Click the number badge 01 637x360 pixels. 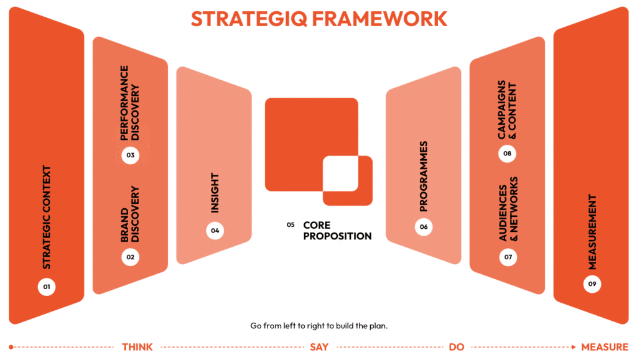click(x=46, y=287)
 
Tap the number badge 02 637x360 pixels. click(x=130, y=256)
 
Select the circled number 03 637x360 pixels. click(x=130, y=155)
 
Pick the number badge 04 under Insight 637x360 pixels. click(x=215, y=231)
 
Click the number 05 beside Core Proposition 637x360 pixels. click(x=291, y=225)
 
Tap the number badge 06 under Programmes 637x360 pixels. click(x=424, y=227)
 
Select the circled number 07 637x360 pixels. click(x=508, y=256)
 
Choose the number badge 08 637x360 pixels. click(x=508, y=154)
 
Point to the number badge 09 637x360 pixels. click(x=592, y=284)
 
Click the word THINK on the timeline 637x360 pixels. click(x=137, y=347)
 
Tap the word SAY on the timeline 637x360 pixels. click(x=319, y=347)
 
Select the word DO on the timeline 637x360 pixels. click(x=457, y=347)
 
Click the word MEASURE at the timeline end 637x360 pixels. click(x=605, y=347)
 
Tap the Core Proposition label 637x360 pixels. click(x=337, y=230)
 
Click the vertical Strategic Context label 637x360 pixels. click(x=47, y=218)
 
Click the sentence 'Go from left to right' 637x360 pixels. click(x=318, y=326)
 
